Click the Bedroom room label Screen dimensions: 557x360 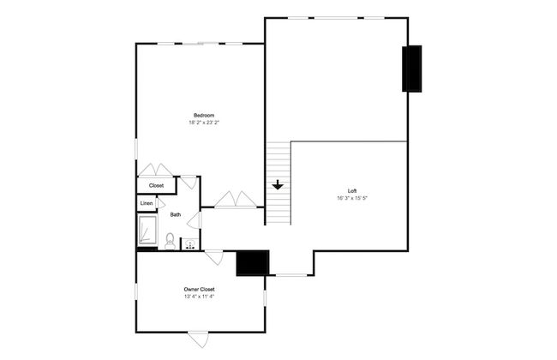point(204,115)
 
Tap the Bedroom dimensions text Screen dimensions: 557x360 point(204,123)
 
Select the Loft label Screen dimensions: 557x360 point(352,191)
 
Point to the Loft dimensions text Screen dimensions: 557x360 point(352,198)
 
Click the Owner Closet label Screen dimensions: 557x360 point(199,289)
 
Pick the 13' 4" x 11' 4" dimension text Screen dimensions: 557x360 point(199,297)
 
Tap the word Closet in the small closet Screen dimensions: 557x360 point(156,185)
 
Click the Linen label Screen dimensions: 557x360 point(147,203)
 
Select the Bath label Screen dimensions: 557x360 point(176,214)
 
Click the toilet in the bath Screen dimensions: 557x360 point(171,242)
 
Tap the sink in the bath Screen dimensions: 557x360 point(191,244)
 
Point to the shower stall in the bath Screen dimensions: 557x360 point(147,231)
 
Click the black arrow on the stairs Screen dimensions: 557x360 point(278,185)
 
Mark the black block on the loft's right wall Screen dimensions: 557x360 point(412,69)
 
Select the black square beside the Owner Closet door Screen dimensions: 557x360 point(253,262)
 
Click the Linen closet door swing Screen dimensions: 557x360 point(160,203)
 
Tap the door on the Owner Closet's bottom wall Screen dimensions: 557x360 point(198,339)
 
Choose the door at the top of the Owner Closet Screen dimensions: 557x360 point(214,258)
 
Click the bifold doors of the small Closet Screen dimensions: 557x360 point(155,170)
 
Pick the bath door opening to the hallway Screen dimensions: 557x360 point(195,220)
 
